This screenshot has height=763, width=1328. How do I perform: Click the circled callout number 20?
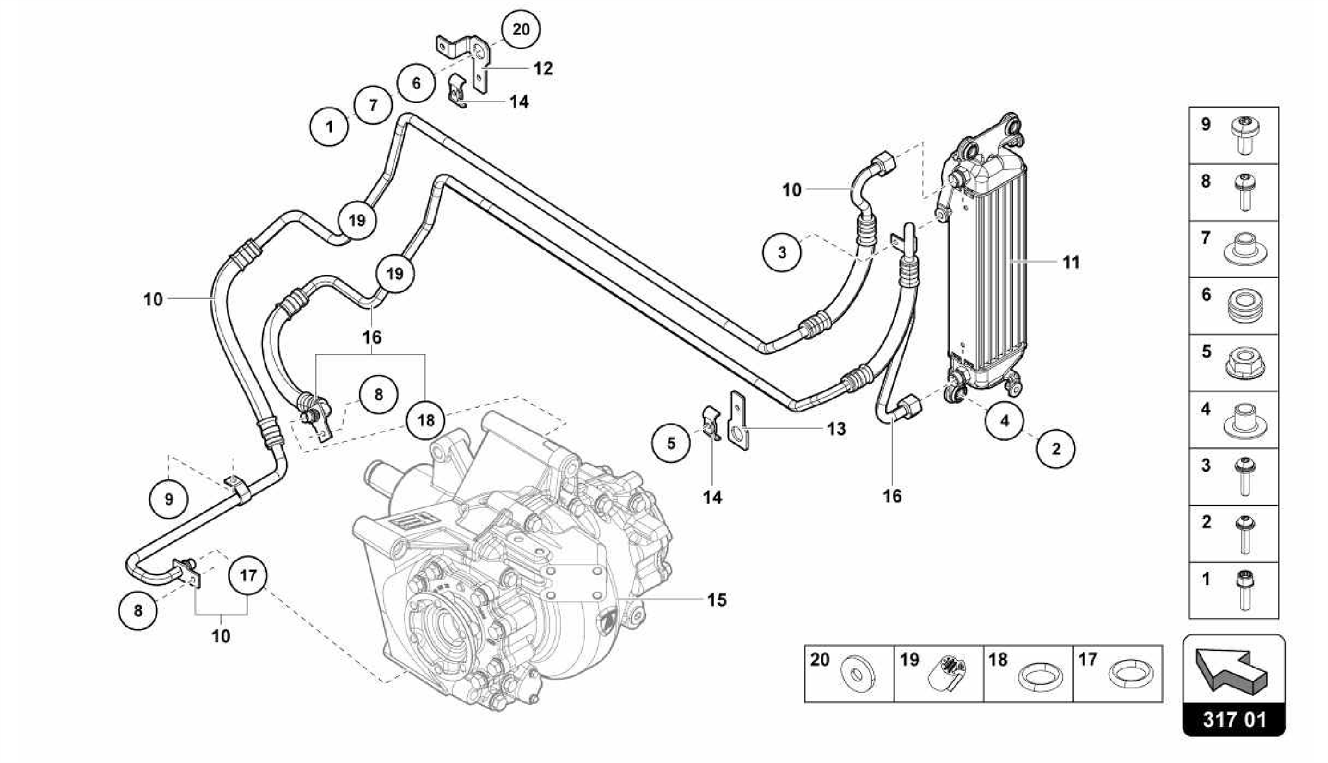521,30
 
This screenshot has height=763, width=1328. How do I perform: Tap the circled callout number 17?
248,575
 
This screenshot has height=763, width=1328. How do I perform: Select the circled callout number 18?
426,420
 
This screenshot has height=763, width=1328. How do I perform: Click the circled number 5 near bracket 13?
671,443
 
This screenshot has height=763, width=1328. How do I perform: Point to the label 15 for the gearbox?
717,600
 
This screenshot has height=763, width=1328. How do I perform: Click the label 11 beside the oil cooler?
1071,263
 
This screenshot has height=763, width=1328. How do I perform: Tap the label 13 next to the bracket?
836,429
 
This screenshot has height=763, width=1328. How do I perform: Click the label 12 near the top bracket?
543,68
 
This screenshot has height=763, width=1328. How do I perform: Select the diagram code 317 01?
1234,720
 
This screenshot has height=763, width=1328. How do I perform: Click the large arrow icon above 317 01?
1231,671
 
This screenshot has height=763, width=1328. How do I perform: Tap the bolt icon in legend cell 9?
1244,135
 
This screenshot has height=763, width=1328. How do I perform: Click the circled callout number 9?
169,499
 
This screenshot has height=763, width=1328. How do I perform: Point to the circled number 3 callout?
781,252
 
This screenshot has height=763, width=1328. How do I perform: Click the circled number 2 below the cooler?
1056,449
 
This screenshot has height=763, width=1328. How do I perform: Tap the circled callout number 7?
373,104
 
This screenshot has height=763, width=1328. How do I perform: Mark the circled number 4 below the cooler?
1004,421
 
